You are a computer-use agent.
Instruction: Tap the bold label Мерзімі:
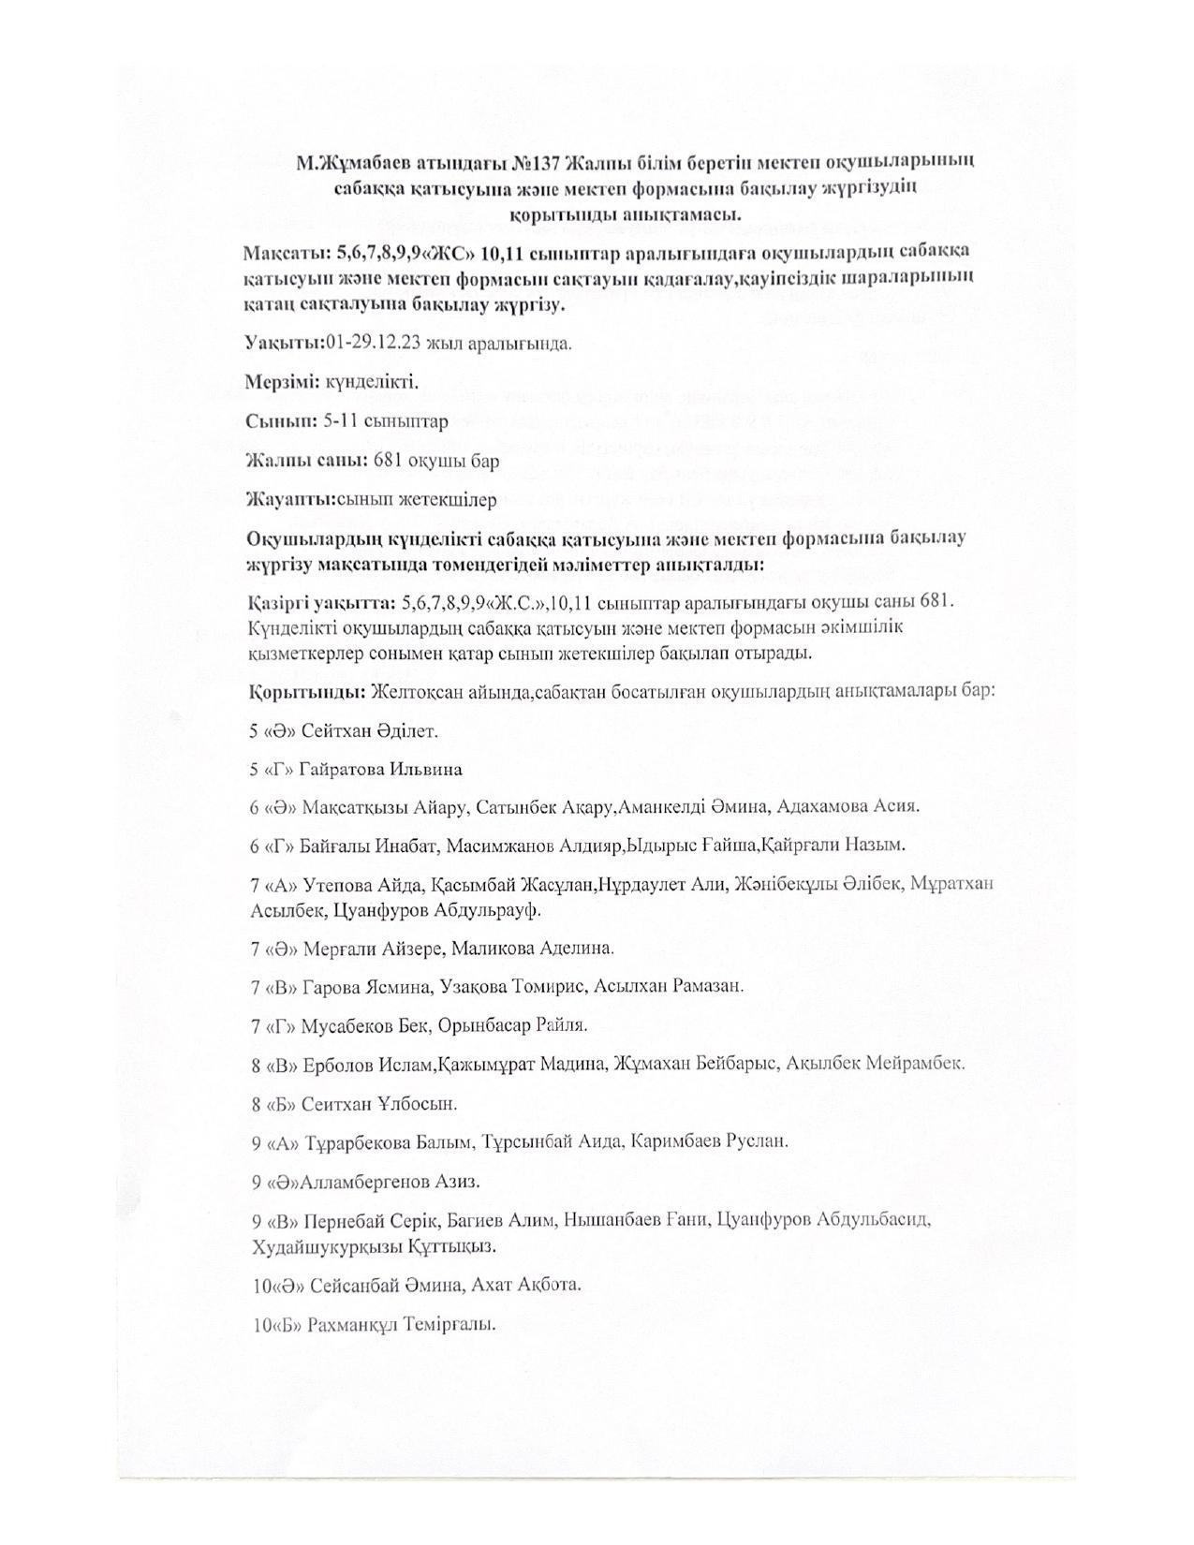(x=277, y=382)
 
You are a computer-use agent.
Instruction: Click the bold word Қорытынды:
(x=306, y=693)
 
